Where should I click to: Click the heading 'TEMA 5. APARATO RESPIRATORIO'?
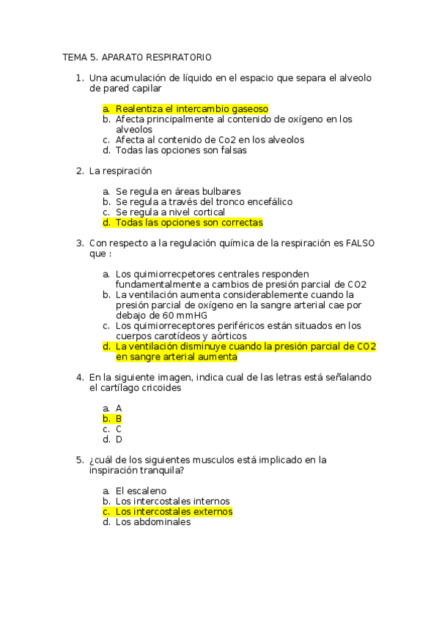137,56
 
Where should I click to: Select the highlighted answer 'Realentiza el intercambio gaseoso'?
192,108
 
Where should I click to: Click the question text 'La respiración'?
120,171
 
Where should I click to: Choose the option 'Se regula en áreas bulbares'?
178,191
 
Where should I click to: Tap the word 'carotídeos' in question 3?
179,336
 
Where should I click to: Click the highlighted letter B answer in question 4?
119,419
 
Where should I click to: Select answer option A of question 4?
119,408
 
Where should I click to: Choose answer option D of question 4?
119,439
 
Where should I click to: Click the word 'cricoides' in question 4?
161,388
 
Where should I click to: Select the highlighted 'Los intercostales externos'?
174,512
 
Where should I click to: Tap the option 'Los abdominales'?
153,522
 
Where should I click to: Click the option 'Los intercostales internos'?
173,501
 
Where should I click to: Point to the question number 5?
79,460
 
